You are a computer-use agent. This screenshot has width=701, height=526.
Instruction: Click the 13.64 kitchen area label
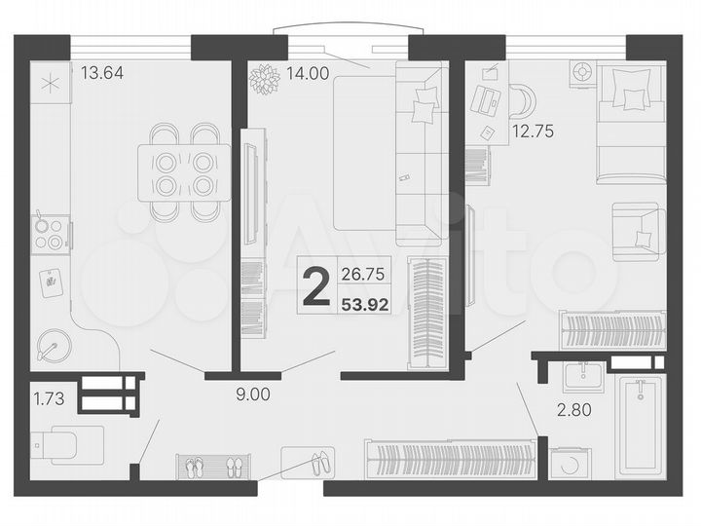pyautogui.click(x=102, y=72)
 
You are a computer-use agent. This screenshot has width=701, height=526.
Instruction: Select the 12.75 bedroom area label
pyautogui.click(x=533, y=131)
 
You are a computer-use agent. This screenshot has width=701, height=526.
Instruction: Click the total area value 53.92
pyautogui.click(x=365, y=304)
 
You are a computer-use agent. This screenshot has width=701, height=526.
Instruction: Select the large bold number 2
pyautogui.click(x=315, y=289)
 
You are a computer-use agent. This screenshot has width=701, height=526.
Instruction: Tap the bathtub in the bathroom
pyautogui.click(x=639, y=425)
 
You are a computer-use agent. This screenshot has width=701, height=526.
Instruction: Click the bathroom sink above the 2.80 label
pyautogui.click(x=584, y=375)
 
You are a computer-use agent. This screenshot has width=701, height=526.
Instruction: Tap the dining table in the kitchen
pyautogui.click(x=184, y=172)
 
